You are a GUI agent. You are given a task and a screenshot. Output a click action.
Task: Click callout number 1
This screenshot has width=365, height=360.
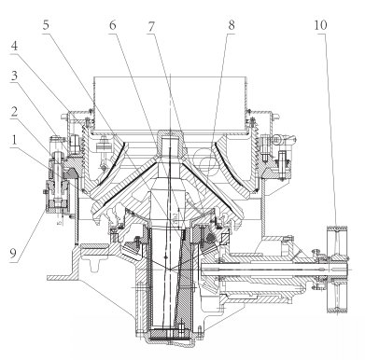point(13,141)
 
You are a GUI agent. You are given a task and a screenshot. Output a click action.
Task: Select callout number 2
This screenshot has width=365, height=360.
point(14,112)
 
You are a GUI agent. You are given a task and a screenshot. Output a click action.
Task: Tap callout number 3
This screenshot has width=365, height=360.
point(14,76)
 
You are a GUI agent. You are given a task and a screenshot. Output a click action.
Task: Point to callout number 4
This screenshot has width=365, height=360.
point(14,47)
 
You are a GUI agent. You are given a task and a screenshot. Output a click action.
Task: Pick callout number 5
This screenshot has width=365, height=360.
point(46,25)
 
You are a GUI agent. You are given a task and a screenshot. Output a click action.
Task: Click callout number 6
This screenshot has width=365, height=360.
point(113,25)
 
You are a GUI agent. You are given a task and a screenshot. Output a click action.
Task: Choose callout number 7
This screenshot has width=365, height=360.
point(151,27)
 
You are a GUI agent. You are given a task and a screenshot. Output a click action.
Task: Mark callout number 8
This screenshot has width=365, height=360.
point(232,25)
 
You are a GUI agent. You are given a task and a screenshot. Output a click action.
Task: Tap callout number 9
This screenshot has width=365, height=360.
point(13,253)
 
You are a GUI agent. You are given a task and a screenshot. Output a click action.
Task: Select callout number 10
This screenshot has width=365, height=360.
point(320,25)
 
